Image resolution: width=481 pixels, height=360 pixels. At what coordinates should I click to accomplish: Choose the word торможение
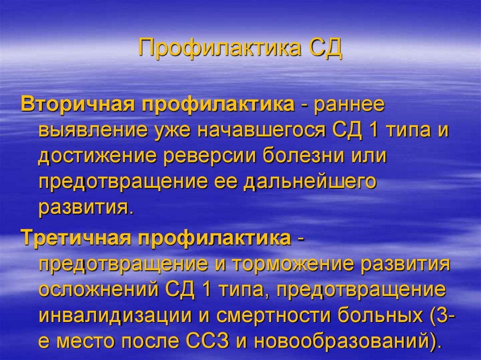pyautogui.click(x=289, y=265)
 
